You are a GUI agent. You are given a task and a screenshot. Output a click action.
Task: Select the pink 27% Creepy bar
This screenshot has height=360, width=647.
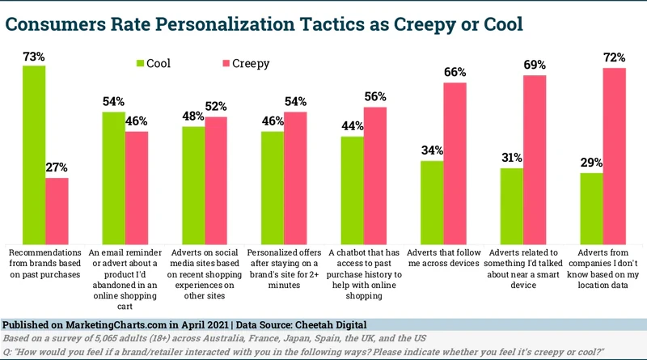point(57,211)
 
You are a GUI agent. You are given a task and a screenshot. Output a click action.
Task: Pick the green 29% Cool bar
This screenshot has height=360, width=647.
point(592,209)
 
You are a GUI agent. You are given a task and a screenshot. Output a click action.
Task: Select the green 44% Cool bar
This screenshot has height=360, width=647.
point(352,191)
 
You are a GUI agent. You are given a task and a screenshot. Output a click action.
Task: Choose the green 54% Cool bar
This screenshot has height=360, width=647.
point(113,178)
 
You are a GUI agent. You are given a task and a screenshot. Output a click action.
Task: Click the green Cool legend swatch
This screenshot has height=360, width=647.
point(139,63)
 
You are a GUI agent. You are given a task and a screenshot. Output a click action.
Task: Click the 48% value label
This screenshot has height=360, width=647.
point(192,116)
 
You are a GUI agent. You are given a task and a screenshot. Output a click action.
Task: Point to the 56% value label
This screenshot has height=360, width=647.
point(376,96)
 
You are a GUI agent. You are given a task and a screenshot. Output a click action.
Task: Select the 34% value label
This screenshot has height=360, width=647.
point(432,150)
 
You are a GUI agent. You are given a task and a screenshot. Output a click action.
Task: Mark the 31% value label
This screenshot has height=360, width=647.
point(511,158)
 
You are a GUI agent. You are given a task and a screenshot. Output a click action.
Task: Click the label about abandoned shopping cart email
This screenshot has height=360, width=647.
point(125,274)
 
